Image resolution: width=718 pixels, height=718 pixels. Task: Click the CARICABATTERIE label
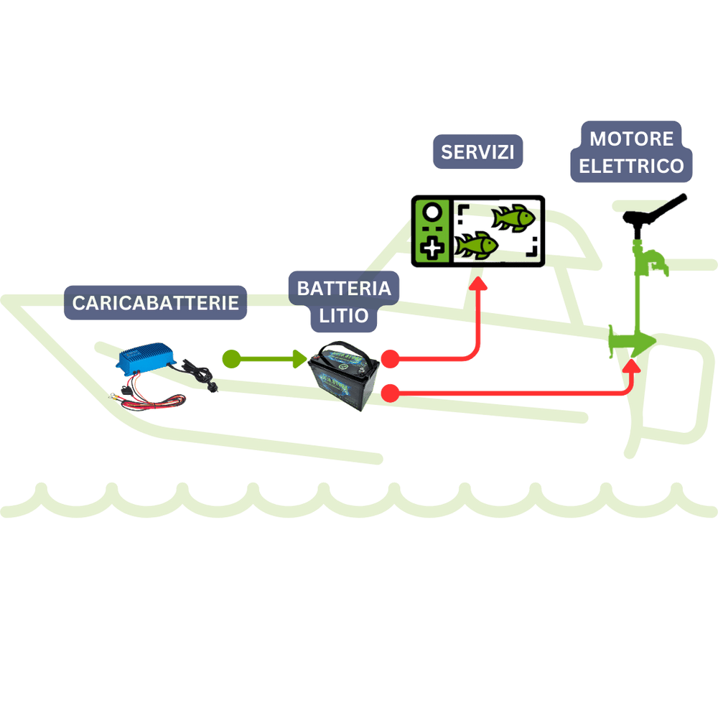pos(155,303)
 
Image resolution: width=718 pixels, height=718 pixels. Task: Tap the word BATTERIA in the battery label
pos(344,289)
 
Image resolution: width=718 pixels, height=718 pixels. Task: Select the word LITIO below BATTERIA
pos(343,316)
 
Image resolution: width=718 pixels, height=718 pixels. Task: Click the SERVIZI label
pos(477,151)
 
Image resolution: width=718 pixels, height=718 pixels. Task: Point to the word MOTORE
pos(631,139)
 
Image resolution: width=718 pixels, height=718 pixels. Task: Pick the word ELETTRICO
pos(631,166)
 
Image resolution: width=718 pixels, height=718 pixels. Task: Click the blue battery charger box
pos(146,356)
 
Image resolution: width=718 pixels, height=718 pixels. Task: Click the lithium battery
pos(345,376)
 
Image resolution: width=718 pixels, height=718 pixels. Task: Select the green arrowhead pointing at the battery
pos(299,359)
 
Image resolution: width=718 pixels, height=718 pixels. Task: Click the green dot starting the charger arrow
pos(231,359)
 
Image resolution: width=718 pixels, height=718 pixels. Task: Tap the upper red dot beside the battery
pos(390,359)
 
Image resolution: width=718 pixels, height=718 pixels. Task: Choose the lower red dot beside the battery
pos(390,393)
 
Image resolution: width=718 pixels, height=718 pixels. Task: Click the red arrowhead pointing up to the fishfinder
pos(478,284)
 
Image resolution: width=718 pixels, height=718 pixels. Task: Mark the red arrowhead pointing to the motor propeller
pos(633,366)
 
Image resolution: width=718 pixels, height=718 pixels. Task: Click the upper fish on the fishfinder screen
pos(513,217)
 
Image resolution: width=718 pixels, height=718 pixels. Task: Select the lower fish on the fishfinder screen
pos(476,245)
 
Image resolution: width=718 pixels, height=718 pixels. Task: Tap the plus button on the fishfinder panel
pos(432,248)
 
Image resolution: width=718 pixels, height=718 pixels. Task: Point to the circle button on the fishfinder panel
pos(432,213)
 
